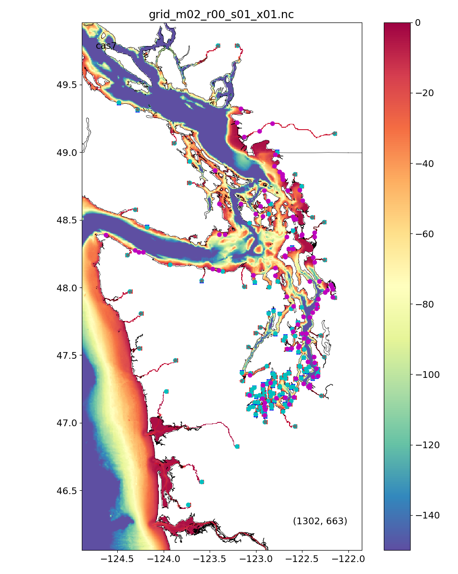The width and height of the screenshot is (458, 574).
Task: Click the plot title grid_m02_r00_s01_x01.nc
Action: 221,15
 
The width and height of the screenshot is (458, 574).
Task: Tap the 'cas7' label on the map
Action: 106,46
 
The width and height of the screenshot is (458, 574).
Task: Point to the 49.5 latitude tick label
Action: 67,85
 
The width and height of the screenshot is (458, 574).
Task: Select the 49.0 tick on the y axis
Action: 67,153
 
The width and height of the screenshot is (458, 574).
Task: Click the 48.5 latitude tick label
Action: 67,220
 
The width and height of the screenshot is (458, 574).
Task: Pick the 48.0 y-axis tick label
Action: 67,288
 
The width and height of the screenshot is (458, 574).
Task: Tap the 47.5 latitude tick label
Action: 67,355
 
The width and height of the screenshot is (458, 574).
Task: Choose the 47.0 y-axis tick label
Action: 67,423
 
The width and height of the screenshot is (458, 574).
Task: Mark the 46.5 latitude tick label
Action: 67,491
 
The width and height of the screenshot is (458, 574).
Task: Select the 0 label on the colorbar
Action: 418,22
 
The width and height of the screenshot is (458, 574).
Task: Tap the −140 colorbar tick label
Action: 427,515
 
